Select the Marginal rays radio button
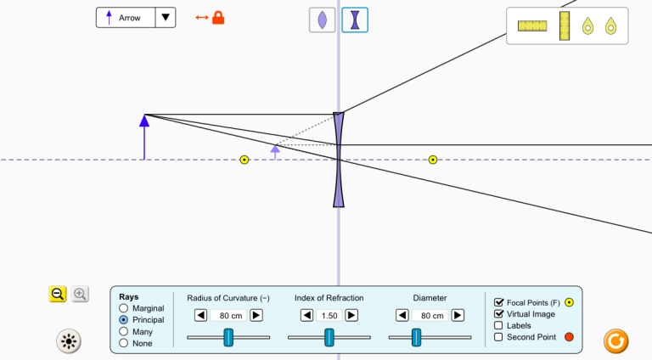pyautogui.click(x=123, y=308)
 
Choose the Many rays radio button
pyautogui.click(x=123, y=331)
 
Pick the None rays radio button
pyautogui.click(x=123, y=343)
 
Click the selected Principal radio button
pyautogui.click(x=123, y=320)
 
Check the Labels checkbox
pyautogui.click(x=498, y=325)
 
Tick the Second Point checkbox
pyautogui.click(x=498, y=337)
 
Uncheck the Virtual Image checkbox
pyautogui.click(x=498, y=314)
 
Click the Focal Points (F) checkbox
pyautogui.click(x=498, y=302)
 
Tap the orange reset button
pyautogui.click(x=615, y=341)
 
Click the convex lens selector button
pyautogui.click(x=323, y=20)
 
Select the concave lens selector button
pyautogui.click(x=355, y=20)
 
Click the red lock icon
pyautogui.click(x=218, y=18)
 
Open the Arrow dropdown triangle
pyautogui.click(x=166, y=18)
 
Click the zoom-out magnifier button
pyautogui.click(x=58, y=294)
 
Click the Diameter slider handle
pyautogui.click(x=416, y=337)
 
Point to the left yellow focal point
pyautogui.click(x=244, y=160)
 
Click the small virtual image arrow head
pyautogui.click(x=275, y=149)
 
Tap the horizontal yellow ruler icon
pyautogui.click(x=532, y=25)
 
